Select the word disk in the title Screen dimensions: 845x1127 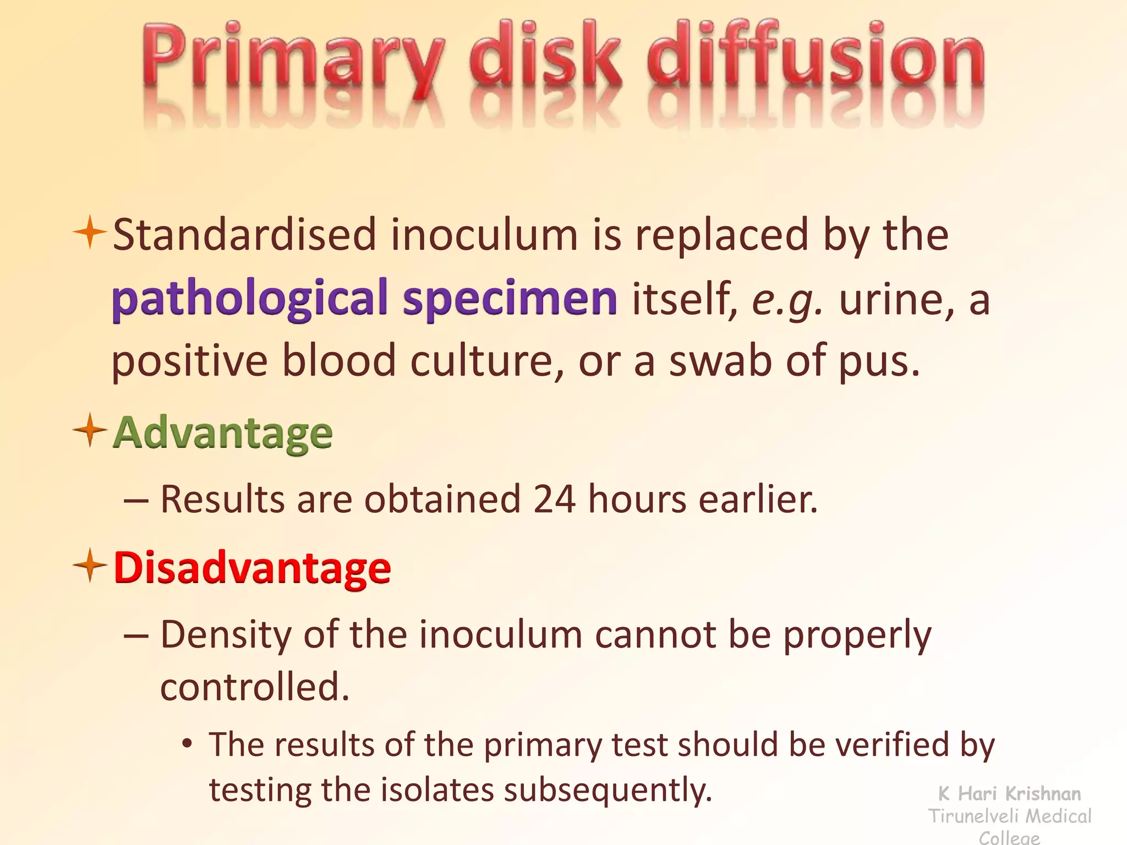pos(545,55)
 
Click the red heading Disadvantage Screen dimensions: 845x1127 pos(252,568)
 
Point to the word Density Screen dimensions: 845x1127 pos(226,635)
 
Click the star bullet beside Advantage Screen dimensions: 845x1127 pos(89,430)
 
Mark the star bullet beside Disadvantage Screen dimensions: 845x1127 pos(89,565)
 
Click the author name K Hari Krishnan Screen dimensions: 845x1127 pos(1009,794)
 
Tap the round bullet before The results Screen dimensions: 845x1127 pos(188,744)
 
